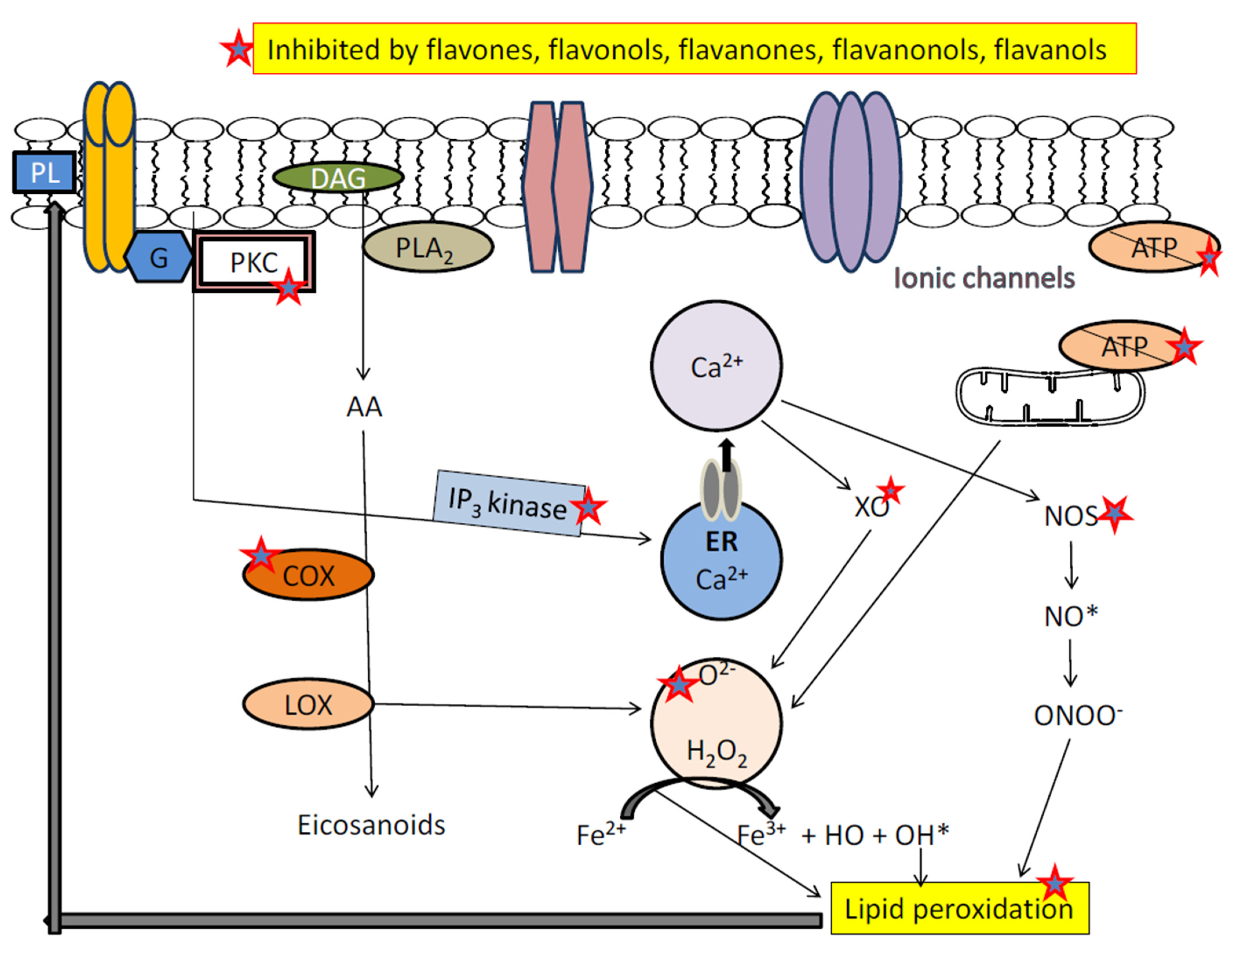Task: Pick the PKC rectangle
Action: tap(253, 262)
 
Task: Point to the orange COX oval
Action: tap(308, 575)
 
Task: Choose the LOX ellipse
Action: tap(308, 705)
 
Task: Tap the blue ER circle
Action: tap(722, 560)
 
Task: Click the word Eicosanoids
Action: tap(371, 824)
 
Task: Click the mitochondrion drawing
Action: tap(1050, 396)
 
